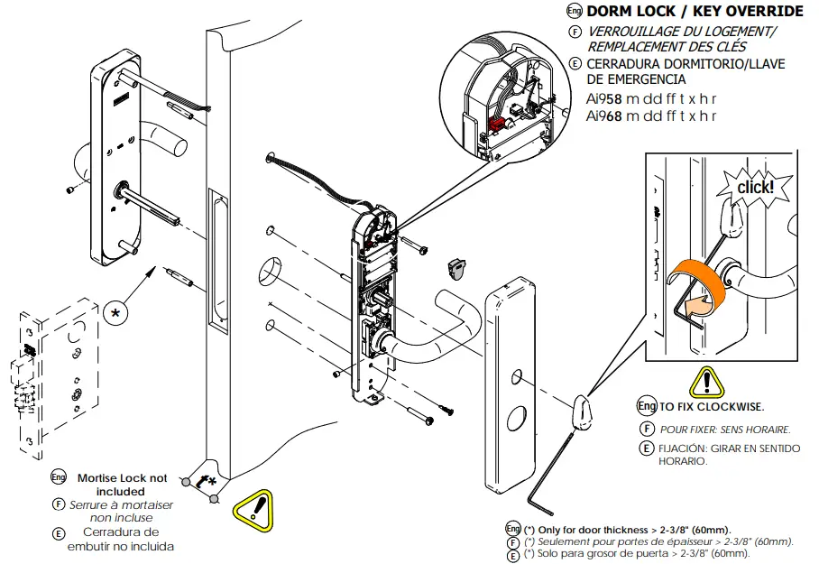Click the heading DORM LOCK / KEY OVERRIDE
coord(695,12)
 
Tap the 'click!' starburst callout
coord(754,187)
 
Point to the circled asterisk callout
coord(115,312)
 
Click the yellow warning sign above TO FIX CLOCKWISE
coord(707,383)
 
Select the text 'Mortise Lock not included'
coord(122,485)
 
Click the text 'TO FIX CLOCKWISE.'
coord(713,407)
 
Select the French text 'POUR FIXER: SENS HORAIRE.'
coord(725,429)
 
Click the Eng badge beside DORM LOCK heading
coord(574,12)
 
